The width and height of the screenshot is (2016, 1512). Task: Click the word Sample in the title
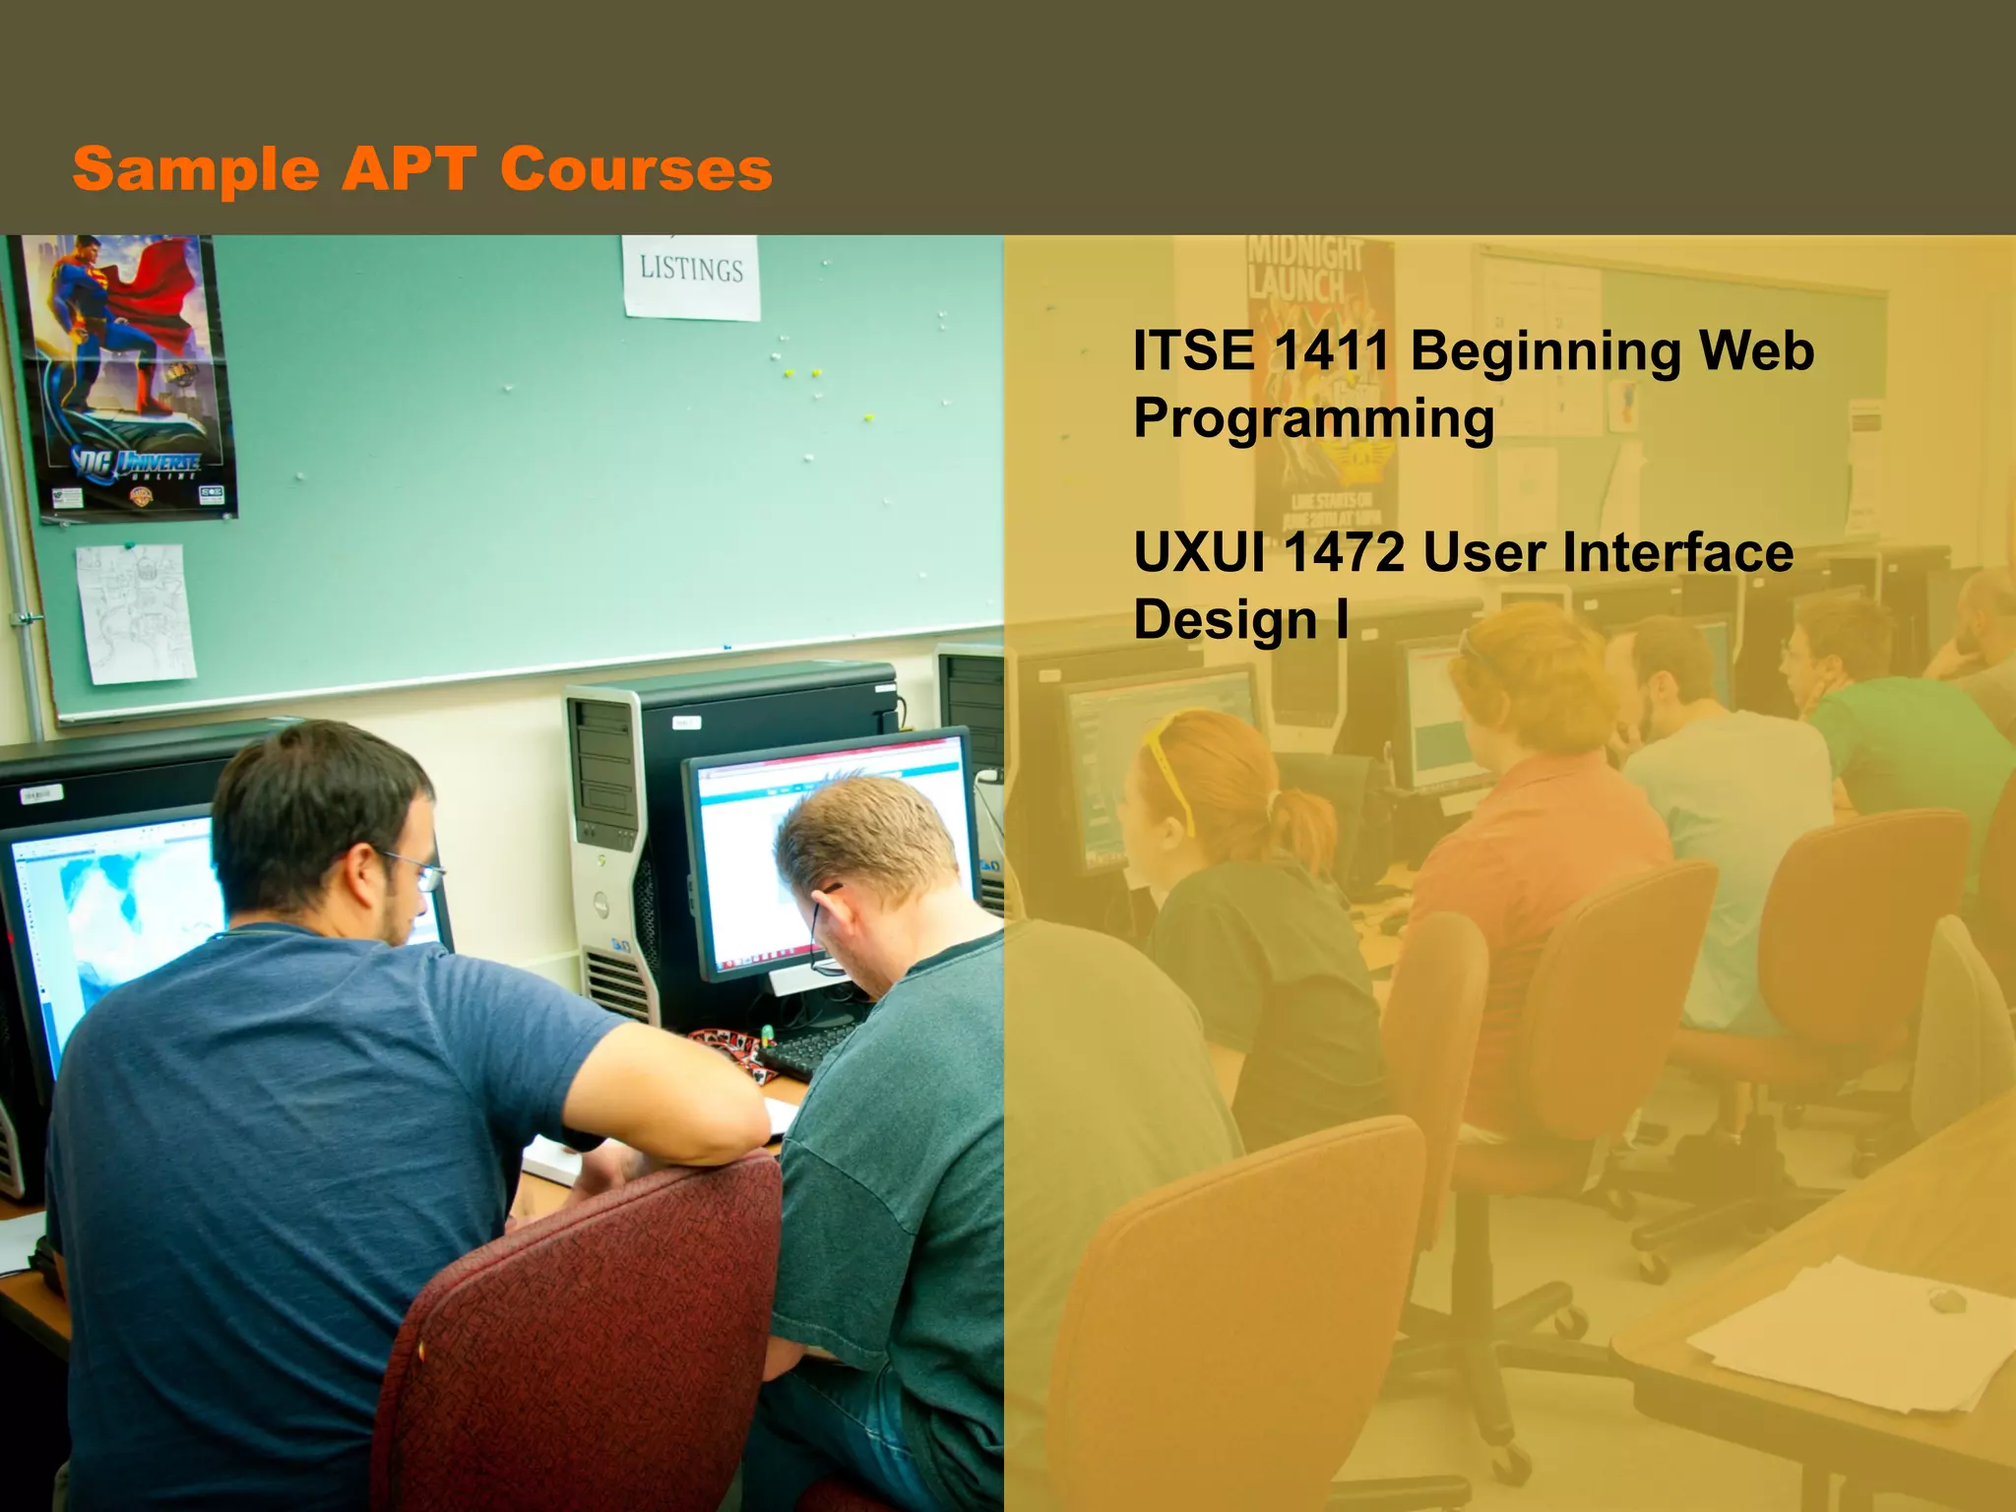pyautogui.click(x=196, y=169)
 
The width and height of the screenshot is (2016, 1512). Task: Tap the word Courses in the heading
pyautogui.click(x=636, y=169)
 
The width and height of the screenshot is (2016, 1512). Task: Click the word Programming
pyautogui.click(x=1313, y=418)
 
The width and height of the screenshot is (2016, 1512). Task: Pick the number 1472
pyautogui.click(x=1345, y=552)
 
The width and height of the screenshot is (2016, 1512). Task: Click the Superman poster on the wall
pyautogui.click(x=128, y=374)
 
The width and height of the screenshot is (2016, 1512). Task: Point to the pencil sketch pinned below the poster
pyautogui.click(x=135, y=612)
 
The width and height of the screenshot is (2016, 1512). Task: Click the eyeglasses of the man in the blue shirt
pyautogui.click(x=418, y=871)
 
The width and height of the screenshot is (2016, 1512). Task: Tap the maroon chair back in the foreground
pyautogui.click(x=581, y=1349)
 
